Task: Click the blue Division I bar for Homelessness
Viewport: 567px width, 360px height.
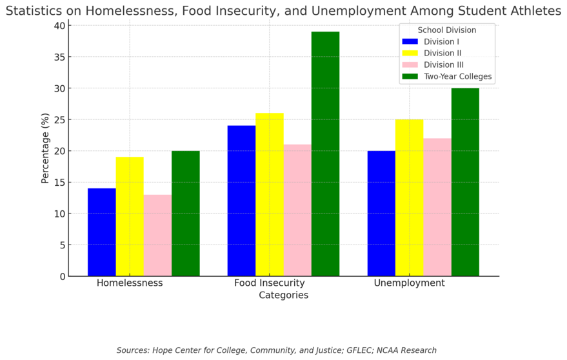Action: point(102,232)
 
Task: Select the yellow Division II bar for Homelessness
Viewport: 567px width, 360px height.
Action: point(130,217)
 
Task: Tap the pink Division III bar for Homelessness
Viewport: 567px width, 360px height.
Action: point(157,235)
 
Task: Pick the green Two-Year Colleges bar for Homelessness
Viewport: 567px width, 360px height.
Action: point(186,214)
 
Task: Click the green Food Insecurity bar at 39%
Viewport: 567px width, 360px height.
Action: point(325,154)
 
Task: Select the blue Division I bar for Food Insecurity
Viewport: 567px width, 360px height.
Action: point(241,201)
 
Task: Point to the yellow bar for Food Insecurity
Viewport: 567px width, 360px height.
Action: point(270,195)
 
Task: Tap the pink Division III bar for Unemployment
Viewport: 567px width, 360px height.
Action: point(437,207)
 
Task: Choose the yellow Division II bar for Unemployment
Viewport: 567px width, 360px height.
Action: point(409,197)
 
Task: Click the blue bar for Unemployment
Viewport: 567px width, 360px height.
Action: point(381,214)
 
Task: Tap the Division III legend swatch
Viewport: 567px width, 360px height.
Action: point(410,65)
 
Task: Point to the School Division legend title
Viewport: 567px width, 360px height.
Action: point(446,30)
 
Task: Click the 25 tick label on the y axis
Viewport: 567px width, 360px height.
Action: point(59,119)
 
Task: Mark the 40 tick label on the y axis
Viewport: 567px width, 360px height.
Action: point(59,25)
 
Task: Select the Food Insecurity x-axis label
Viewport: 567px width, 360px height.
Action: point(270,283)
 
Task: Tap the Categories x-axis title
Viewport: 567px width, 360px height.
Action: point(283,295)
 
